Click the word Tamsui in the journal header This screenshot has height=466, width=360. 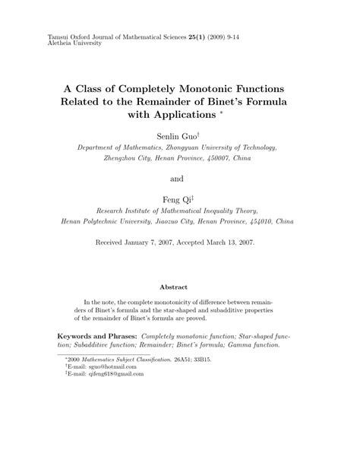(37, 36)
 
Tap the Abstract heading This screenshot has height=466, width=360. (179, 287)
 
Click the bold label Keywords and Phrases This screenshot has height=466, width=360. (98, 335)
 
